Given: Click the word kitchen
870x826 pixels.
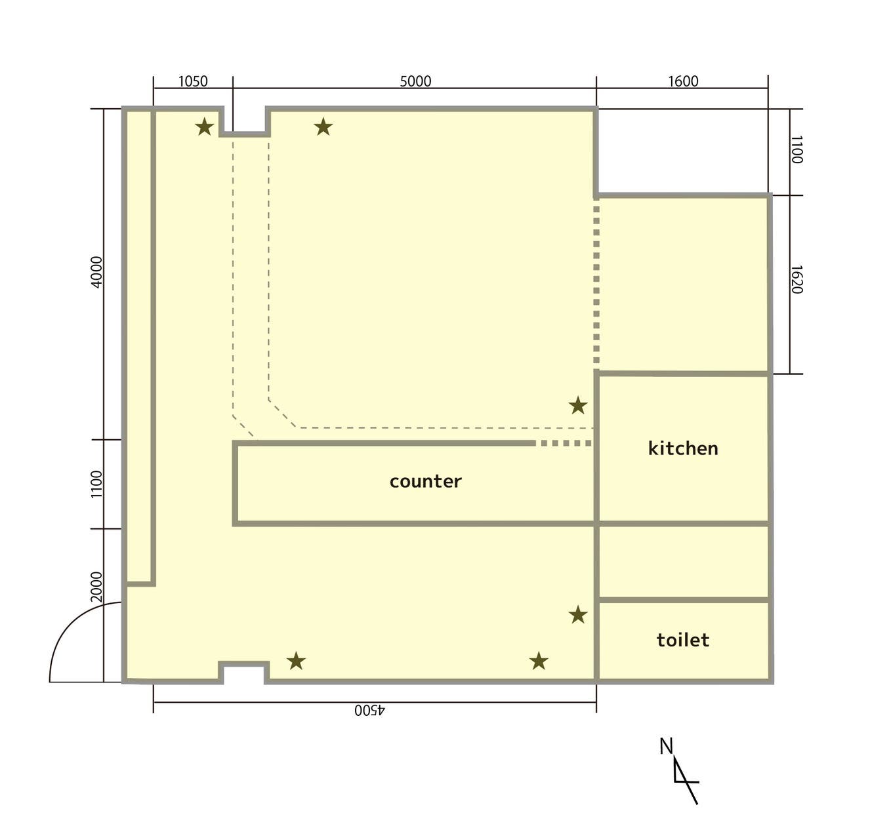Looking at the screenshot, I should coord(682,448).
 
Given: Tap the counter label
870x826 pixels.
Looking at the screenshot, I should coord(425,481).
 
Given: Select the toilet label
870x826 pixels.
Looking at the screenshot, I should coord(682,640).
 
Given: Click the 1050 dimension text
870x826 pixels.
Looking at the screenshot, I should coord(193,81).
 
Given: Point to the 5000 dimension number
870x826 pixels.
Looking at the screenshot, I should coord(415,81).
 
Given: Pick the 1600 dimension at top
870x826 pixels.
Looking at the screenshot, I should coord(683,81).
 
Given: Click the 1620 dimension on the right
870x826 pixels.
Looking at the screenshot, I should coord(796,280).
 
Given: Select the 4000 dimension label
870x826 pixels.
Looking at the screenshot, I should coord(96,271).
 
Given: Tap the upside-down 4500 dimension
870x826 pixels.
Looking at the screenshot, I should coord(370,711).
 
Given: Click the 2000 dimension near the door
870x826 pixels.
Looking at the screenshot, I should coord(96,587).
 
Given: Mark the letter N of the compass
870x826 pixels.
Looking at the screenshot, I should coord(666,746).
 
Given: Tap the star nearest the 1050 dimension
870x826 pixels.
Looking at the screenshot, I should coord(205,127).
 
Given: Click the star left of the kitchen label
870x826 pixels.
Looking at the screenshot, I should coord(577,406).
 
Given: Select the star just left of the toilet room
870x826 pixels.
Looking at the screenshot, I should coord(577,615).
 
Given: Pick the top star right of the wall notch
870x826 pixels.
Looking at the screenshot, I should coord(323,127).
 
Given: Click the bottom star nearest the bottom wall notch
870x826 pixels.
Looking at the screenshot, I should coord(296,661).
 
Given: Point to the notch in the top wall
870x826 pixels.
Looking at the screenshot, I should coord(245,122).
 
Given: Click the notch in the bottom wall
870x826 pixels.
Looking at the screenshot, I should coord(243,673).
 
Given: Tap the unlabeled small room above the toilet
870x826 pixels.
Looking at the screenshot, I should coord(682,562).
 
